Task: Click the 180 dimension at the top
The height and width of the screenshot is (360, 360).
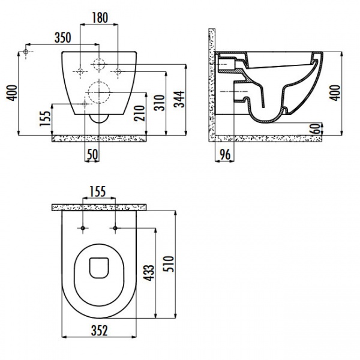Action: coord(100,17)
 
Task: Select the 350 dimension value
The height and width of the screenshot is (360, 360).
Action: coord(62,38)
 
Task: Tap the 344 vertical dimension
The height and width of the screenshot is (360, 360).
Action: coord(179,99)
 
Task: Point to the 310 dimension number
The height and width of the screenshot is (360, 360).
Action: coord(160,103)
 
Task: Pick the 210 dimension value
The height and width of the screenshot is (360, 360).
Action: coord(140,113)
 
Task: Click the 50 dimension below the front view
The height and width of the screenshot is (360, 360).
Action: coord(92,154)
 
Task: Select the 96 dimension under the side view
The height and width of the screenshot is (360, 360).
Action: coord(225,154)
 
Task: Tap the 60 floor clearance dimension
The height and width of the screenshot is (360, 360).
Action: coord(316,128)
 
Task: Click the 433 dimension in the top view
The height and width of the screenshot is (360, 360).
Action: coord(149,273)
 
